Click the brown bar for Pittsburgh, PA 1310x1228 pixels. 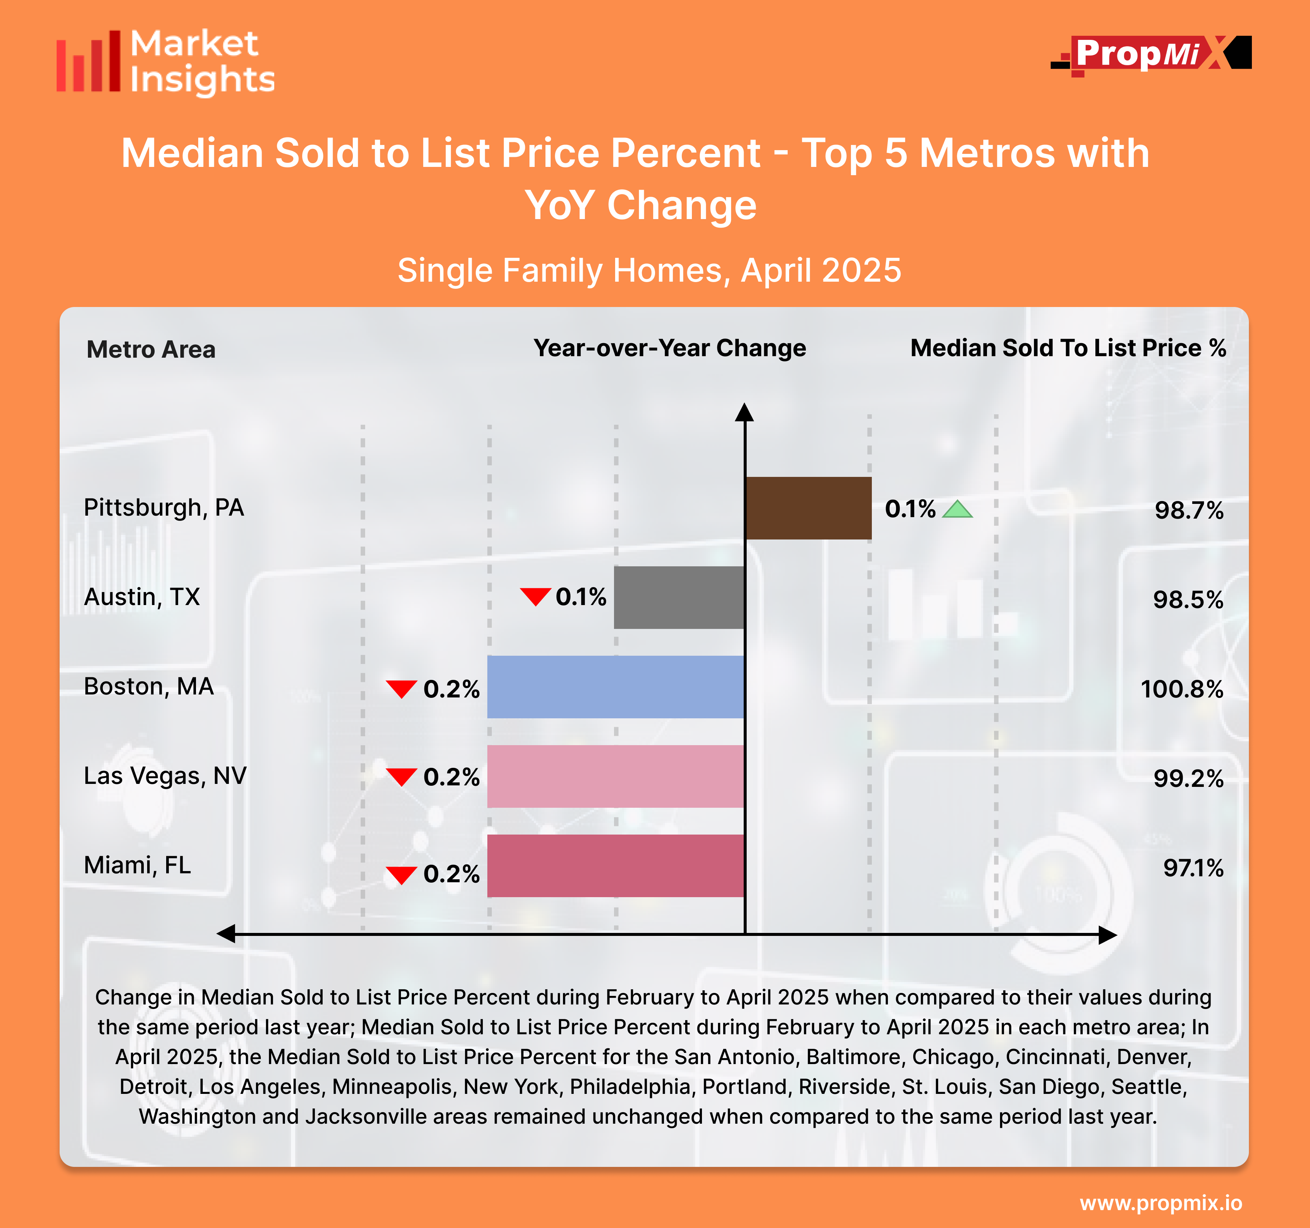808,508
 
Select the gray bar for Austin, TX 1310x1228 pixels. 679,598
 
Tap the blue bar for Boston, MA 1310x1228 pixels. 616,687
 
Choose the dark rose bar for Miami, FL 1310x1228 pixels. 616,865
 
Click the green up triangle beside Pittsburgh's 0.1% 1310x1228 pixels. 958,509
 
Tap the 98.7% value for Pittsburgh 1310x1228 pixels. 1189,510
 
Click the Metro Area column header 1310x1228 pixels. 151,349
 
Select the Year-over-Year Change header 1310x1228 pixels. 670,348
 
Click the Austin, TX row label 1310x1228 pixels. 142,597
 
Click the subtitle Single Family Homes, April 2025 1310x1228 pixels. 649,270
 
